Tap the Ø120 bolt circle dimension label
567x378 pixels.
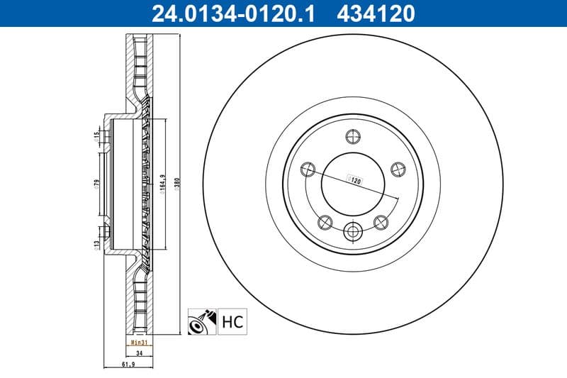[354, 181]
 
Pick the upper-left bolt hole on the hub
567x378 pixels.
[308, 169]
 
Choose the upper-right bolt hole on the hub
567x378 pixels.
[398, 169]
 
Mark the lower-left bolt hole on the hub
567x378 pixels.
[325, 222]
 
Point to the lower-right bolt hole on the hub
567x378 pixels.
[381, 222]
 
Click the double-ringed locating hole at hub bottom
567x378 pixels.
[353, 231]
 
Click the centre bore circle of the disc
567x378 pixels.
[353, 183]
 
